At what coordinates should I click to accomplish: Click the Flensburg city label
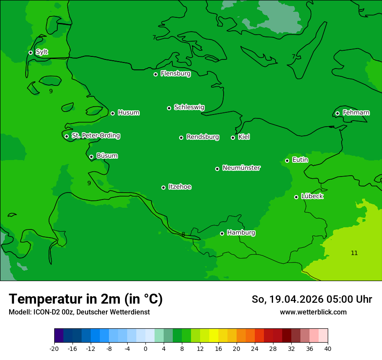click(x=175, y=74)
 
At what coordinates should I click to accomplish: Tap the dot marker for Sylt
click(x=30, y=52)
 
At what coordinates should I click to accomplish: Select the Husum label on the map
click(x=128, y=113)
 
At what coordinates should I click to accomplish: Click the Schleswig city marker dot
click(x=169, y=108)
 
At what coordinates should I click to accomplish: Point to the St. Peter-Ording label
click(x=95, y=136)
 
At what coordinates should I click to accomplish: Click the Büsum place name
click(x=107, y=156)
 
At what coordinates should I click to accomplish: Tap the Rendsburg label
click(x=203, y=137)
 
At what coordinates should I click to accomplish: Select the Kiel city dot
click(x=233, y=137)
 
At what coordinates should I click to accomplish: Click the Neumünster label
click(x=241, y=168)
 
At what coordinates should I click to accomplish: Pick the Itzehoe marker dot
click(x=163, y=187)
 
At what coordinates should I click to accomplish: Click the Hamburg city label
click(x=241, y=233)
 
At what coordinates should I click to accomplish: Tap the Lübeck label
click(x=312, y=196)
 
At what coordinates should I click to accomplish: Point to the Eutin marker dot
click(x=287, y=160)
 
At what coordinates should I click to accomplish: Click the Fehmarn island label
click(x=356, y=113)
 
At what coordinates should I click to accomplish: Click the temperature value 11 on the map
click(x=354, y=253)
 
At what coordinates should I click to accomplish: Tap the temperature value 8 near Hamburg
click(x=183, y=235)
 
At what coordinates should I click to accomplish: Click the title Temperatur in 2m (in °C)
click(x=86, y=299)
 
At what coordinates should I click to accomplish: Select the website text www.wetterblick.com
click(x=313, y=312)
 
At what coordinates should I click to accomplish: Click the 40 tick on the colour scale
click(x=328, y=349)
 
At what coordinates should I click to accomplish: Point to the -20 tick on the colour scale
click(x=54, y=349)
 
